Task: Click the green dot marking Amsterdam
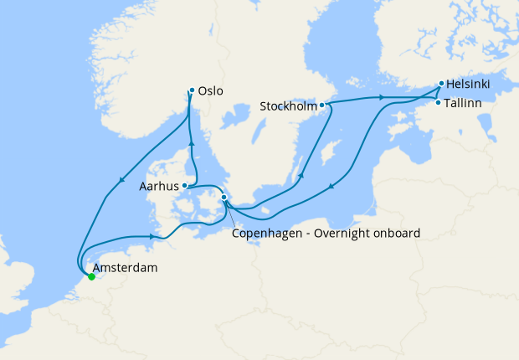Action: coord(91,276)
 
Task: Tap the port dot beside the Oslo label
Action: coord(192,90)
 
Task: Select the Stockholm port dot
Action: coord(322,105)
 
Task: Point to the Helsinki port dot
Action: coord(441,85)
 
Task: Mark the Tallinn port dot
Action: coord(438,103)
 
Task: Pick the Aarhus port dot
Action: coord(184,187)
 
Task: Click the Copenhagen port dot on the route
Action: coord(224,198)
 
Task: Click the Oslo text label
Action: coord(212,91)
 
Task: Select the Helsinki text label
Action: coord(470,85)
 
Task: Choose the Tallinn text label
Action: coord(464,103)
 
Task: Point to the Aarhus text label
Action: coord(159,187)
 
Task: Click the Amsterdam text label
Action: coord(126,269)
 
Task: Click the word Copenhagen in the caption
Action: coord(264,234)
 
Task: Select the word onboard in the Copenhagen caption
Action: coord(392,234)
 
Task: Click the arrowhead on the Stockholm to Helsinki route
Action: coord(383,98)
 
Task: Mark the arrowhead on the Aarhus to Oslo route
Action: coord(191,142)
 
